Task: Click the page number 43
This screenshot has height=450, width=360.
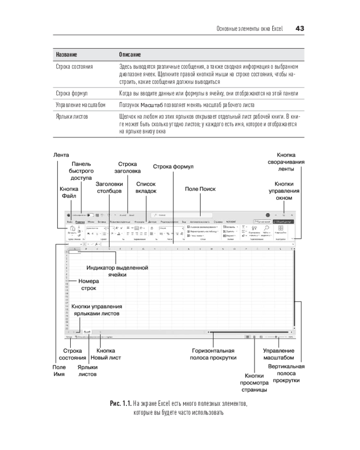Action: [x=300, y=28]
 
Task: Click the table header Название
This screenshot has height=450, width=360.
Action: [x=66, y=54]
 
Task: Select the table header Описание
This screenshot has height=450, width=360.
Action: [x=130, y=54]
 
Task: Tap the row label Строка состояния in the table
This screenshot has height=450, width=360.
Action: [x=74, y=67]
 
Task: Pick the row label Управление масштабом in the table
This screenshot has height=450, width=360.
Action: [x=80, y=105]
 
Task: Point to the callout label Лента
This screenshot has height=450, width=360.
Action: [x=61, y=155]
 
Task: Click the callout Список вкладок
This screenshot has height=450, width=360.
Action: [x=146, y=187]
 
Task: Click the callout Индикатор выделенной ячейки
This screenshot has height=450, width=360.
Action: [x=117, y=270]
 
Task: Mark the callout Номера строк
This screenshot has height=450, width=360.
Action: [x=88, y=284]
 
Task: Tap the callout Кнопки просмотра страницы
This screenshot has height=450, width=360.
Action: [x=256, y=382]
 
